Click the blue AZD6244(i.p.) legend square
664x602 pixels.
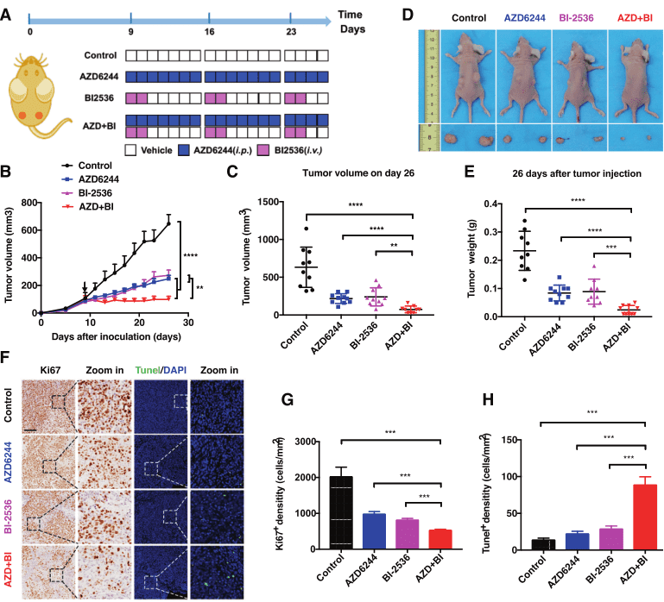click(x=184, y=150)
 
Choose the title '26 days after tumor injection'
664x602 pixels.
click(x=566, y=173)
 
